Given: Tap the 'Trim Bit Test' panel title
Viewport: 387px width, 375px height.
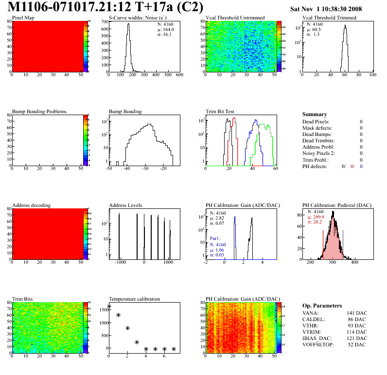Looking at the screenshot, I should pos(220,111).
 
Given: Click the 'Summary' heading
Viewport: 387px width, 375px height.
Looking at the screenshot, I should pos(315,114).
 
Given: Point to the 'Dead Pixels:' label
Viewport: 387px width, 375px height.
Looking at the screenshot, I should pos(316,121).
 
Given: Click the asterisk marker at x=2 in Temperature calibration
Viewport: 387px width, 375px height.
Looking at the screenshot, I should pos(127,328).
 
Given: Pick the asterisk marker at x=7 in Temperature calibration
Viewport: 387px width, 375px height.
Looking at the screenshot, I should pos(174,349).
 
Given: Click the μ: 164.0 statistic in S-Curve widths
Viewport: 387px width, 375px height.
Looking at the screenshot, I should pos(166,29).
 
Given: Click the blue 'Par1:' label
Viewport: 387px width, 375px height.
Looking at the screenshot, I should pos(216,239).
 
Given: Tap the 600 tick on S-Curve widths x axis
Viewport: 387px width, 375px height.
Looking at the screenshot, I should pos(179,75).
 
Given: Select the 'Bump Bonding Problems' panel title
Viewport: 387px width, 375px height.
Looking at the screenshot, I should pos(39,111).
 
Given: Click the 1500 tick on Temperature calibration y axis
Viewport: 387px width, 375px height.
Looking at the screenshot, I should pos(103,309).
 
